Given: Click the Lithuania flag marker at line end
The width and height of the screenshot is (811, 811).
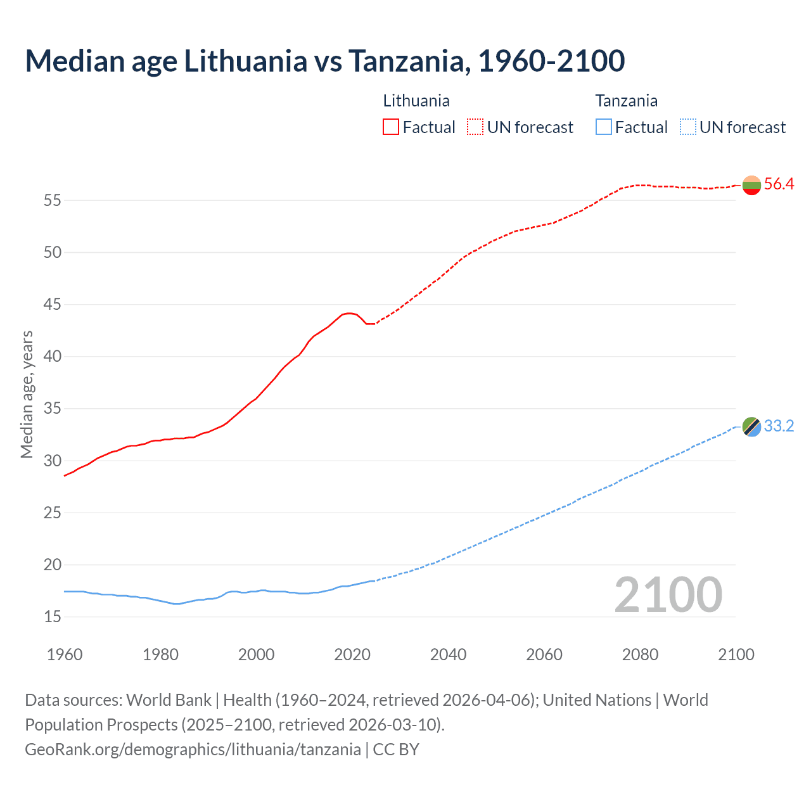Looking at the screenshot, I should [751, 185].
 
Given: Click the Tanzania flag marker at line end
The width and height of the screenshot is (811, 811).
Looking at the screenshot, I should [751, 426].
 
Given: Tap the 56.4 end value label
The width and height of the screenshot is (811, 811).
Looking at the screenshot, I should [779, 184].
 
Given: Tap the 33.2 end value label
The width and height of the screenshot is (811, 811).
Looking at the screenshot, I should [779, 426].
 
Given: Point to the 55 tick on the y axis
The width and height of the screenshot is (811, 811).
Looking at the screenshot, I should [52, 201].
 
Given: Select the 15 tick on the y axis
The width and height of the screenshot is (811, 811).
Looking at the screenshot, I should [52, 616].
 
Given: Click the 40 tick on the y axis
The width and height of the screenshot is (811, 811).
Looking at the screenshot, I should [52, 357].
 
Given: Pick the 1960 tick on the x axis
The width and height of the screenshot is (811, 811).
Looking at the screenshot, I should [65, 655].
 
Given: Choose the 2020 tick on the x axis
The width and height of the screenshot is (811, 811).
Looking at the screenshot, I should [352, 655].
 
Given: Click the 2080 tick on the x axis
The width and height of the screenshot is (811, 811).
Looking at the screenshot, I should [640, 655].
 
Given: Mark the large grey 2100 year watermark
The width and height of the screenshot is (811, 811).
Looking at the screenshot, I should [668, 594].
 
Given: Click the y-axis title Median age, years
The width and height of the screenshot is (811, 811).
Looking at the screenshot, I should [27, 394].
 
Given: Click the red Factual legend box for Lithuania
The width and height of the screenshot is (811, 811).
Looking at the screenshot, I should [391, 127].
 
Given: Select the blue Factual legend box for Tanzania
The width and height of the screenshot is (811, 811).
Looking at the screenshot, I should [604, 127].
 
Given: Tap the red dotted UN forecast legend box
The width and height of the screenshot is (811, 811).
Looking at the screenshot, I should [475, 127].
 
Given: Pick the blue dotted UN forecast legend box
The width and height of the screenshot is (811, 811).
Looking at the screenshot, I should [687, 127].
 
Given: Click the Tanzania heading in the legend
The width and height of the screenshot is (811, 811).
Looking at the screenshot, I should [626, 101].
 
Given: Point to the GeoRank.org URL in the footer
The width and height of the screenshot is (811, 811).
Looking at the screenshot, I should [193, 750].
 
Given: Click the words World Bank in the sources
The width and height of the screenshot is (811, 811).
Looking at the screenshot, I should [169, 700].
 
